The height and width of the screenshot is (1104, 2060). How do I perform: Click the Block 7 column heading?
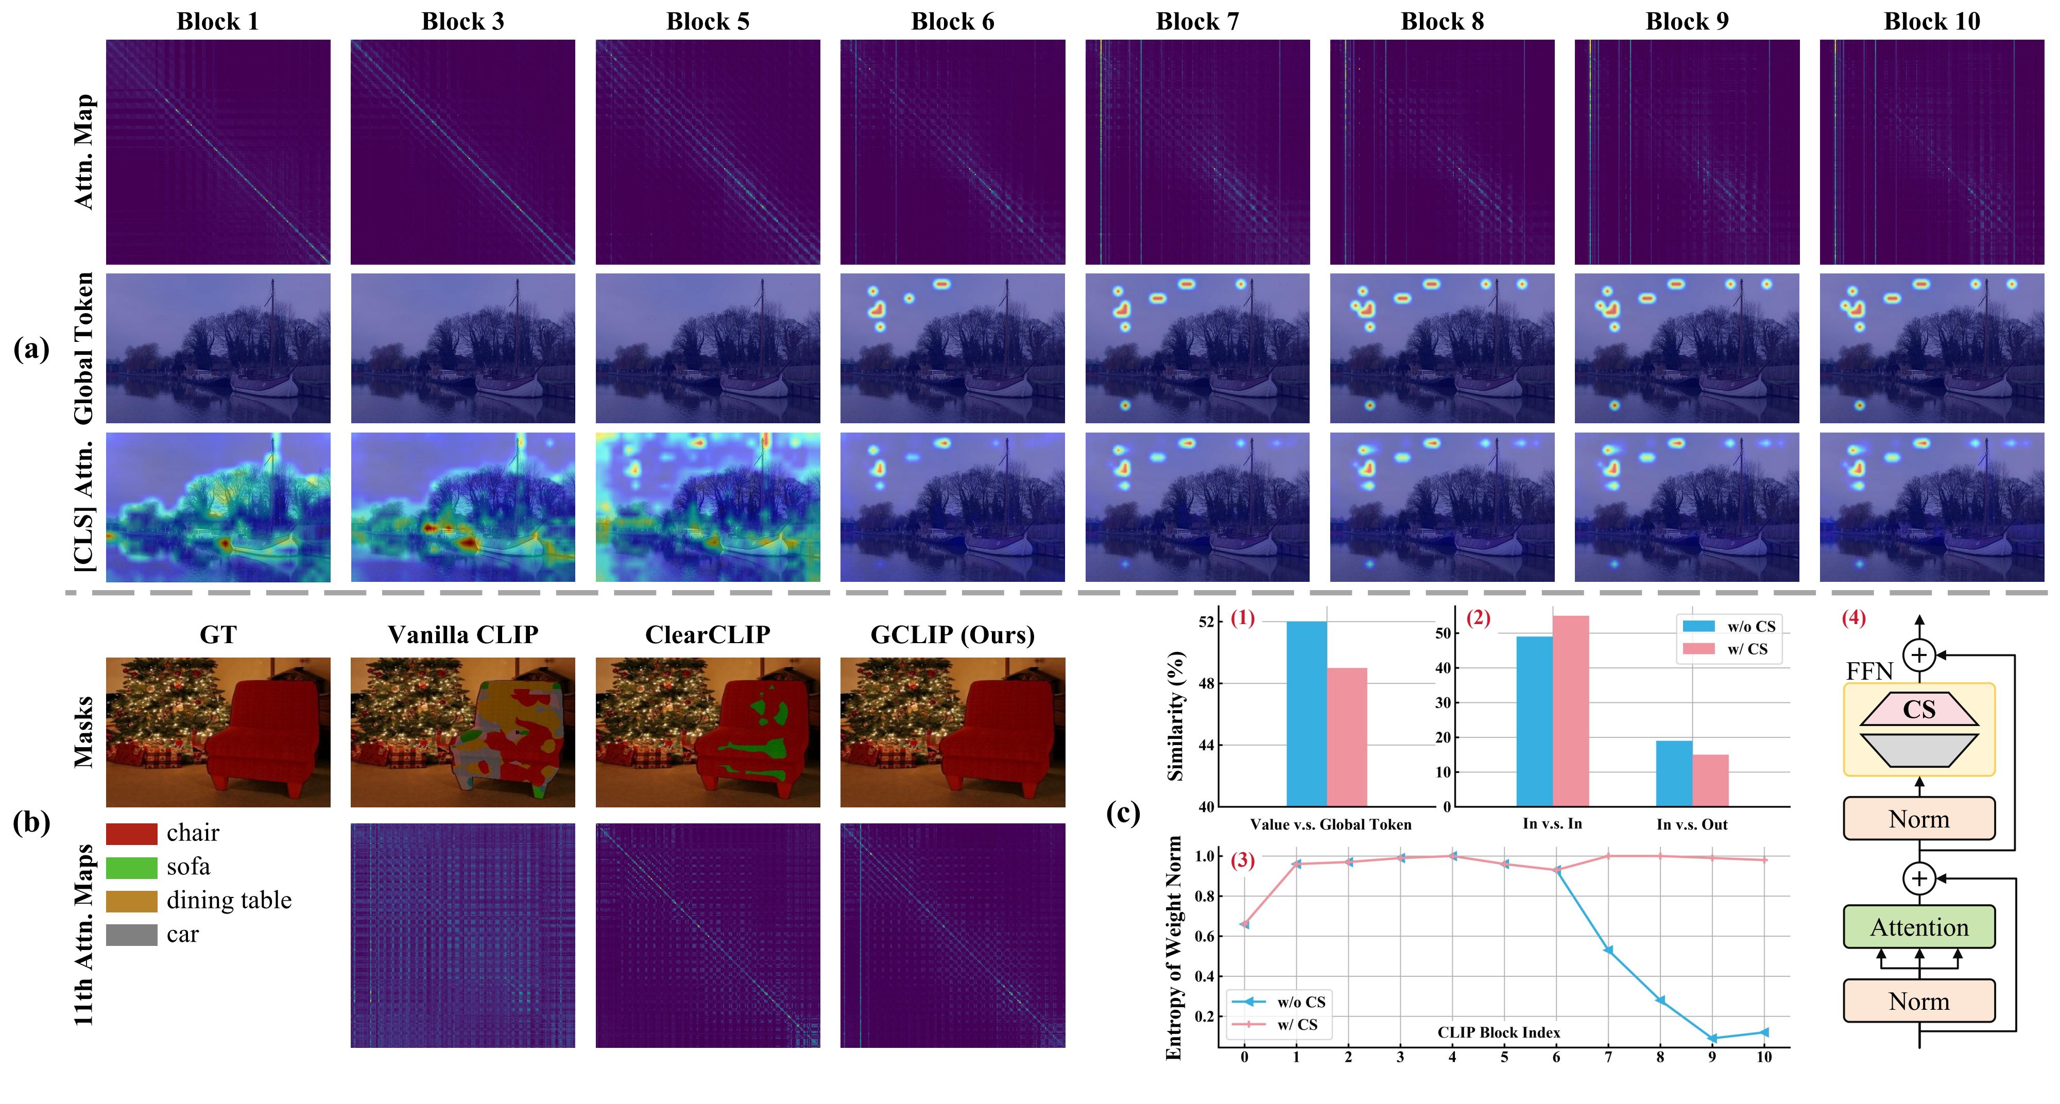[x=1197, y=22]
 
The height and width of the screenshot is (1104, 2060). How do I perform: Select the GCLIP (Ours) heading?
[x=952, y=635]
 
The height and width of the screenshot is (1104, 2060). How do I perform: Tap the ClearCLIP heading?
[x=707, y=635]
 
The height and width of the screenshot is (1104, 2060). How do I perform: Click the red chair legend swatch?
[x=131, y=834]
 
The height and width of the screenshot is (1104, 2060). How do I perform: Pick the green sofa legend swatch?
[x=131, y=867]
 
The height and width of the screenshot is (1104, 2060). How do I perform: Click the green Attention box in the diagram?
[x=1918, y=927]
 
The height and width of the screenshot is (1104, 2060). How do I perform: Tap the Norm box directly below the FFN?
[x=1918, y=819]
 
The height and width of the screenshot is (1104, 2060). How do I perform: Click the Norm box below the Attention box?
[x=1918, y=1001]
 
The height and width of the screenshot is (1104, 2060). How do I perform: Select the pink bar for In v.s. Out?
[x=1710, y=780]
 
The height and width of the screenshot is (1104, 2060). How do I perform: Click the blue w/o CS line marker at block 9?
[x=1712, y=1038]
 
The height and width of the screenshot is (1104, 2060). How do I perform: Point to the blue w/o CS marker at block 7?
[x=1608, y=950]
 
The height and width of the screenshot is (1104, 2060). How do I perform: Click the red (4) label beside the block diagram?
[x=1853, y=618]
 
